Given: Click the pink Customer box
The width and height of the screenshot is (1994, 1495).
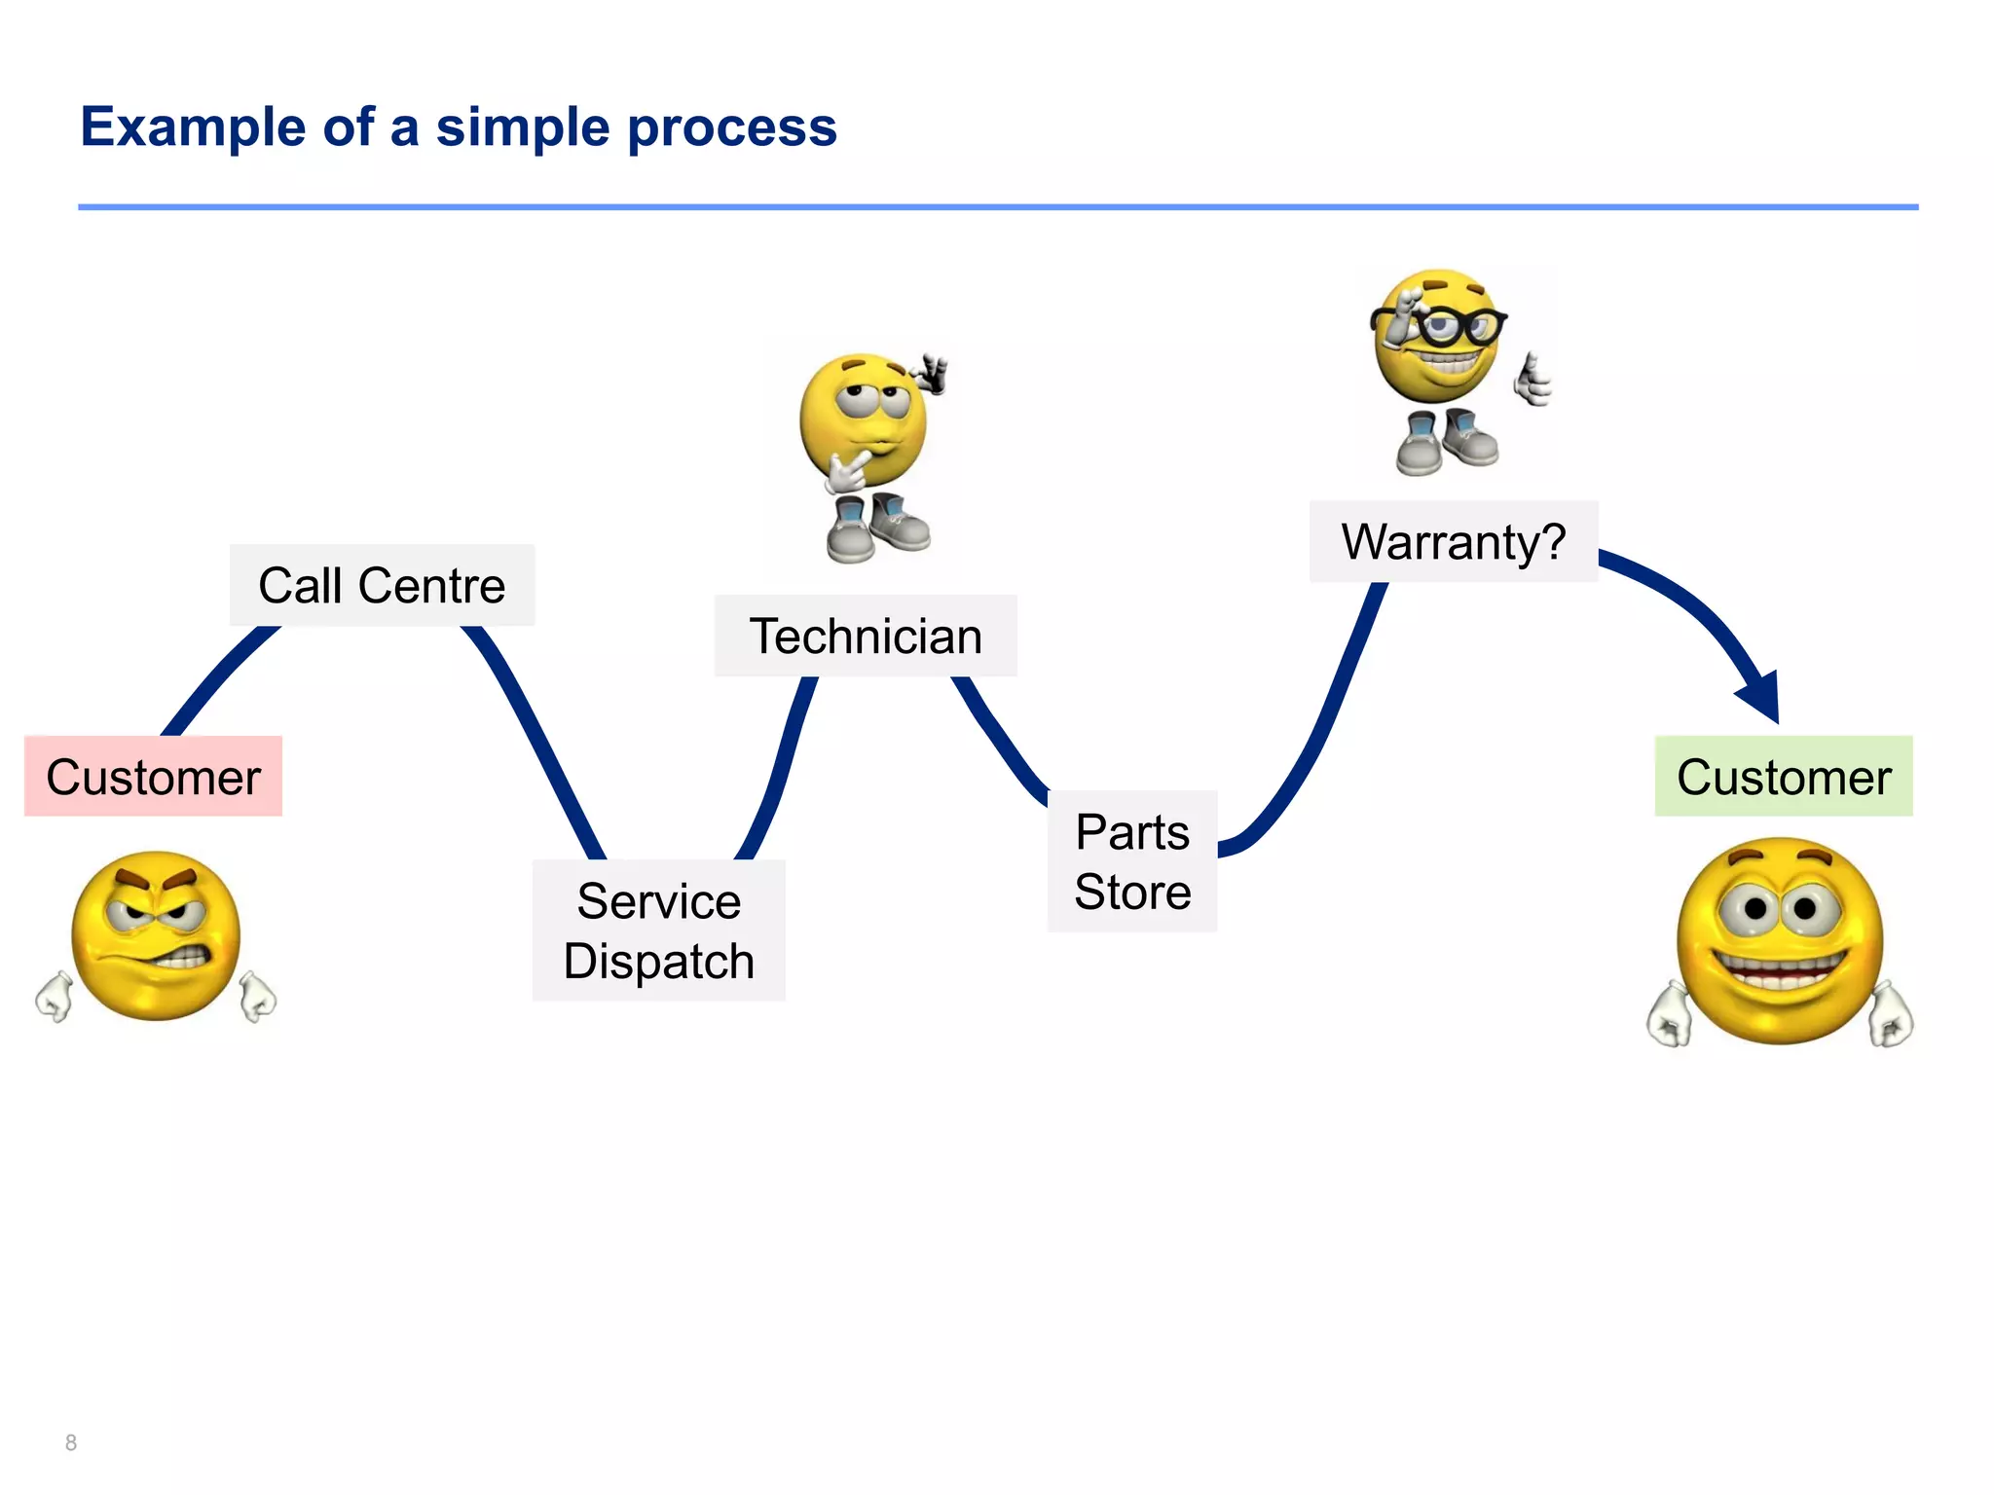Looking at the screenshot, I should pyautogui.click(x=153, y=777).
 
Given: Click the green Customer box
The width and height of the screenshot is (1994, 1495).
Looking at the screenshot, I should pyautogui.click(x=1783, y=777).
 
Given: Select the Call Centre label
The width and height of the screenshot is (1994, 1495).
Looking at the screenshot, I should pyautogui.click(x=382, y=585).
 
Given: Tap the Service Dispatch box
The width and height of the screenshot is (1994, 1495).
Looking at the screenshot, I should pyautogui.click(x=658, y=930).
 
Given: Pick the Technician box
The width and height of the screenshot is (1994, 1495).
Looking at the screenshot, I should pyautogui.click(x=866, y=636).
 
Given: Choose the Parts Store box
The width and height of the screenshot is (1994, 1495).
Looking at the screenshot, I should pyautogui.click(x=1132, y=861).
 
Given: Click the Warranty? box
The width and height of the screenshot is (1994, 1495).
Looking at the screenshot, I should pyautogui.click(x=1453, y=541).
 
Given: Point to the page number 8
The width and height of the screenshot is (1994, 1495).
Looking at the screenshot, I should pyautogui.click(x=71, y=1442).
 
